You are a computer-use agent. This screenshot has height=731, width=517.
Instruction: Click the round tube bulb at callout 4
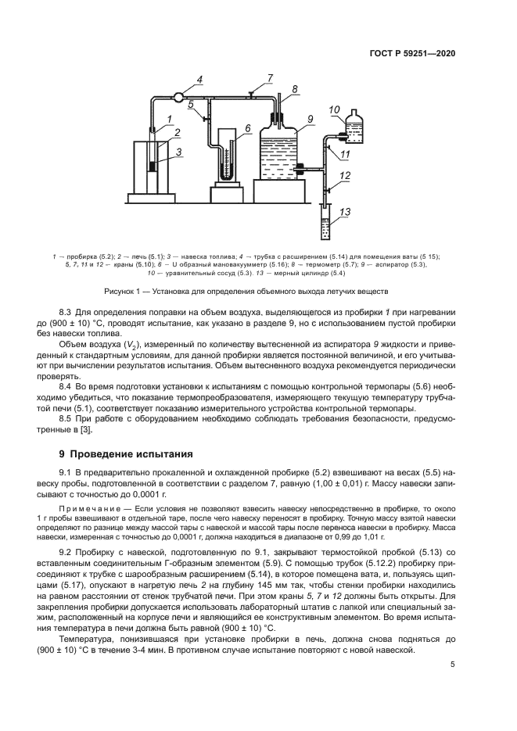178,98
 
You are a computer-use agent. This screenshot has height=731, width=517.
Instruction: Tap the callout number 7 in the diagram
269,78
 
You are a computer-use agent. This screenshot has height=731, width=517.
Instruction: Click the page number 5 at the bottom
452,665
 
